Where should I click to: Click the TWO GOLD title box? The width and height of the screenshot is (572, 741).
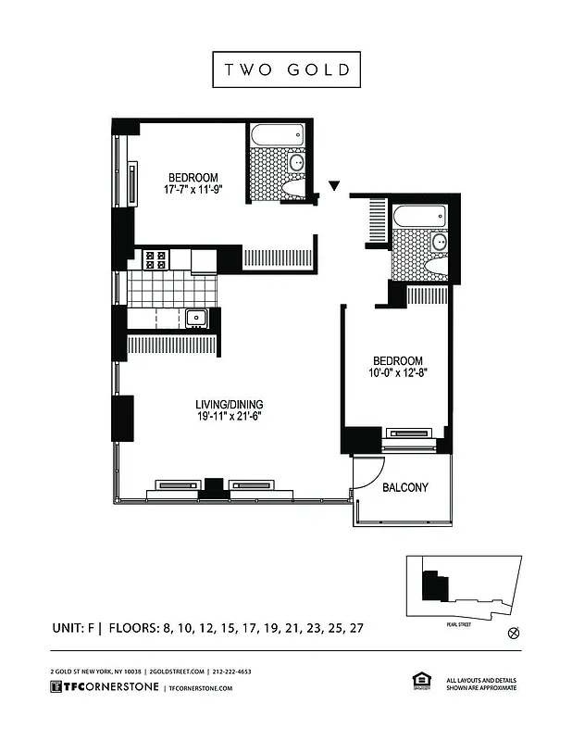pyautogui.click(x=286, y=69)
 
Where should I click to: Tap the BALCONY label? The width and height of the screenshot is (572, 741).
pyautogui.click(x=404, y=487)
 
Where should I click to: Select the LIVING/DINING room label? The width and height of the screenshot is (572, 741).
pyautogui.click(x=229, y=404)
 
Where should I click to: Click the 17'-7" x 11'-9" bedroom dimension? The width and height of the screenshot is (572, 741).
pyautogui.click(x=193, y=191)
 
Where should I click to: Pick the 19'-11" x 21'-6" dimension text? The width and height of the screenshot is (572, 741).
pyautogui.click(x=229, y=418)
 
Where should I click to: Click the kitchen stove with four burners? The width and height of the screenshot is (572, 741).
pyautogui.click(x=155, y=260)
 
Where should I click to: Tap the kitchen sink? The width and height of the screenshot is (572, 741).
pyautogui.click(x=196, y=320)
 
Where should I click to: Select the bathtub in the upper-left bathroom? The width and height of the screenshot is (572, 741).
pyautogui.click(x=278, y=135)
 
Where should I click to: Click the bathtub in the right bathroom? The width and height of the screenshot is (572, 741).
pyautogui.click(x=420, y=217)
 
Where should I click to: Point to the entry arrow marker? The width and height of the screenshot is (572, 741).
pyautogui.click(x=334, y=187)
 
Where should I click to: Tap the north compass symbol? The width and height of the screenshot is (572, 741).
pyautogui.click(x=515, y=634)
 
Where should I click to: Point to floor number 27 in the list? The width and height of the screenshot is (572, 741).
pyautogui.click(x=354, y=628)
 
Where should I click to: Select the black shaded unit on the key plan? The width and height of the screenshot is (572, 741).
pyautogui.click(x=429, y=586)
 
